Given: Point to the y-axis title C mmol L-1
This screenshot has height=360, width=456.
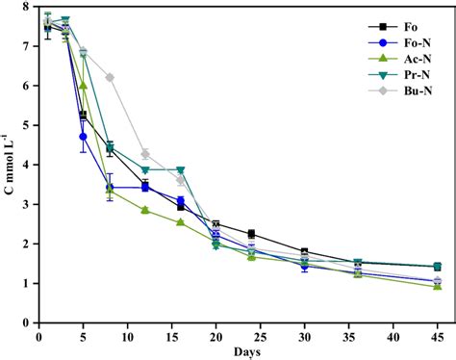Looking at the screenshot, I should [9, 165].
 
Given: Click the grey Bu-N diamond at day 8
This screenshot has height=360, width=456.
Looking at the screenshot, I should [110, 77].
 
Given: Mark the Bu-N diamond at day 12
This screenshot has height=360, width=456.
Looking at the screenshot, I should [145, 154].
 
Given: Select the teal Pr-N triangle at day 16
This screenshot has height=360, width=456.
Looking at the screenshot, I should [180, 170].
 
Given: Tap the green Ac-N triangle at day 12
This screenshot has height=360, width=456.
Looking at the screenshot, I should [145, 210].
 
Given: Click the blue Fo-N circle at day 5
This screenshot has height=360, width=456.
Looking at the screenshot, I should [84, 137].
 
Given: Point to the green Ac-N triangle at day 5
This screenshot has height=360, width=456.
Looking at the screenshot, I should [84, 86].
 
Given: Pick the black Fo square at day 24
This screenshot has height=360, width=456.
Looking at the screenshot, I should [251, 234].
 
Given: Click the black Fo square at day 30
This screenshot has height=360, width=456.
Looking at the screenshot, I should [304, 252].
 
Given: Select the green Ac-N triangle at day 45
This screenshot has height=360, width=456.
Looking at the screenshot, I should [438, 287].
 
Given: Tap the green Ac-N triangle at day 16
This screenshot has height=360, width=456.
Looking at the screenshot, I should [180, 222].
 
